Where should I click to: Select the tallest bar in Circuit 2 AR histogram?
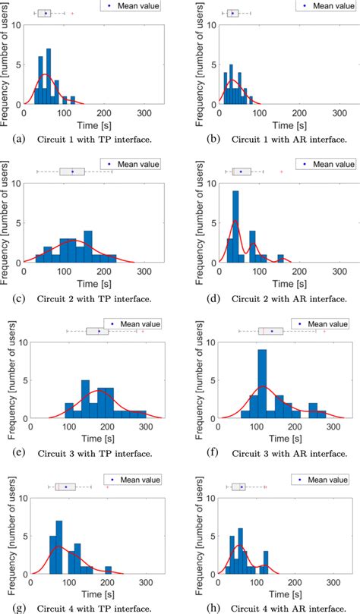[235, 228]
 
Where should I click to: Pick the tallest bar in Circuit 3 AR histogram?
[262, 383]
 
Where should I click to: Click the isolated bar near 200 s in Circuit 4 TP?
[109, 569]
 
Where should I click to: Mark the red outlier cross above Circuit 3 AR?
[324, 331]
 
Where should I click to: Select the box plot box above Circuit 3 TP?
[97, 331]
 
